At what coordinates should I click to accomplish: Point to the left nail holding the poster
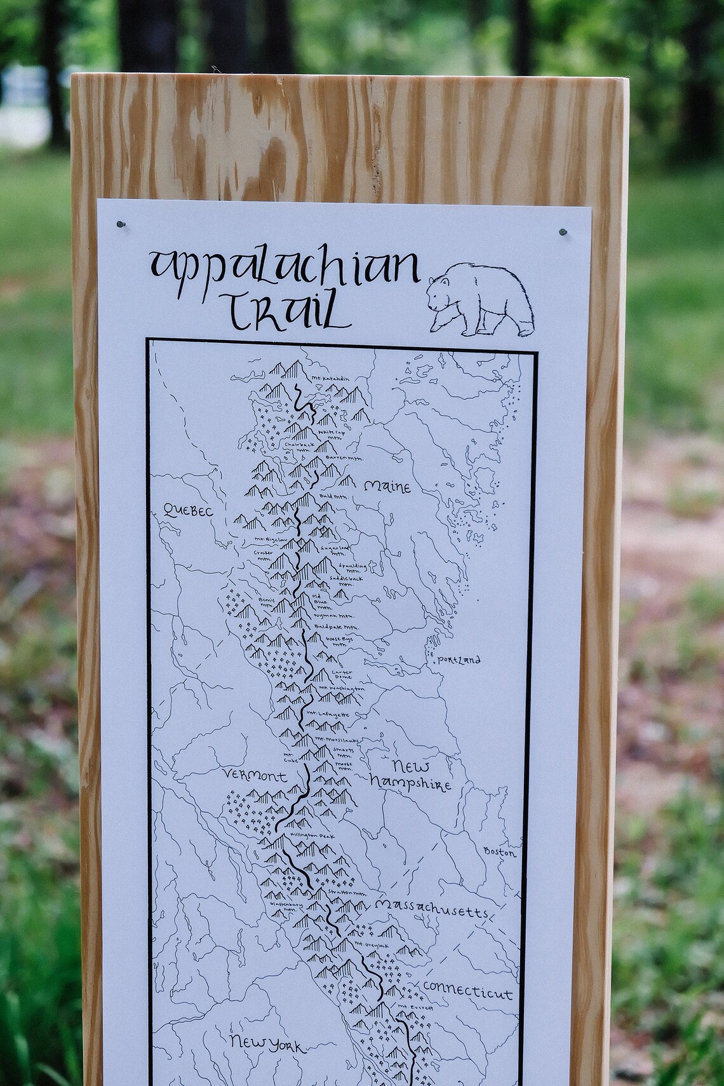click(121, 224)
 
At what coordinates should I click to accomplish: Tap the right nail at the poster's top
click(562, 233)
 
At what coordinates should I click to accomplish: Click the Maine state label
click(387, 487)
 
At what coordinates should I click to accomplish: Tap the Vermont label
click(254, 775)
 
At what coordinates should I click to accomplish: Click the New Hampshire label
click(412, 775)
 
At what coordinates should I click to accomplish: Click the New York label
click(266, 1042)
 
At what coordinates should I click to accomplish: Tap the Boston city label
click(500, 852)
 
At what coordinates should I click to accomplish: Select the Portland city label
click(459, 660)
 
